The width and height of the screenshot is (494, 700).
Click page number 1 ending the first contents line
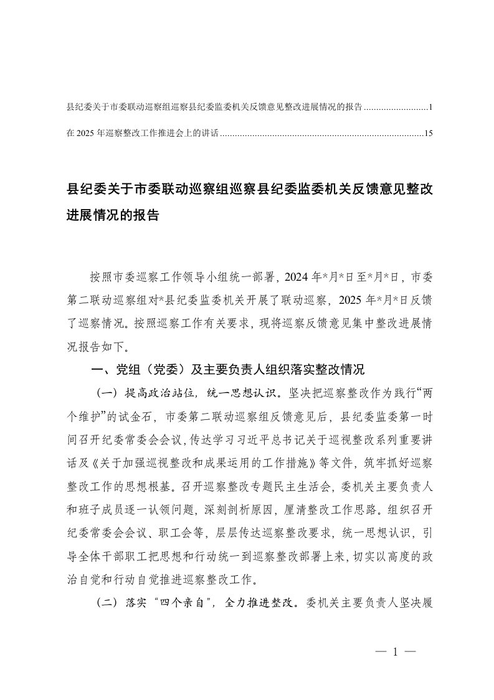tap(430, 107)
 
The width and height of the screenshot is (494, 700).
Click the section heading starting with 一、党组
tap(227, 369)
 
